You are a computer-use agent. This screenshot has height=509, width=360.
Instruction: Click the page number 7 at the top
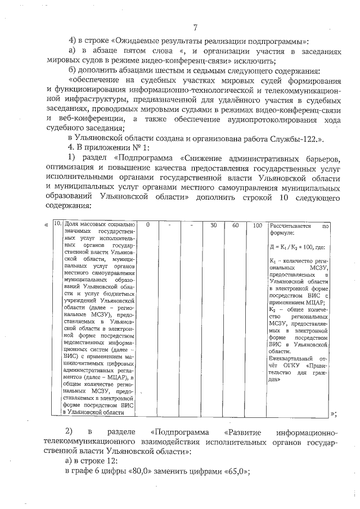pos(194,26)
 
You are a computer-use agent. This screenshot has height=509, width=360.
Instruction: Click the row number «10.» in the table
pos(57,224)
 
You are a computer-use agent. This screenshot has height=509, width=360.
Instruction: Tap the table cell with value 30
pos(213,224)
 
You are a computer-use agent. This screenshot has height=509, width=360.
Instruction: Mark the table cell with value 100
pos(257,224)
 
